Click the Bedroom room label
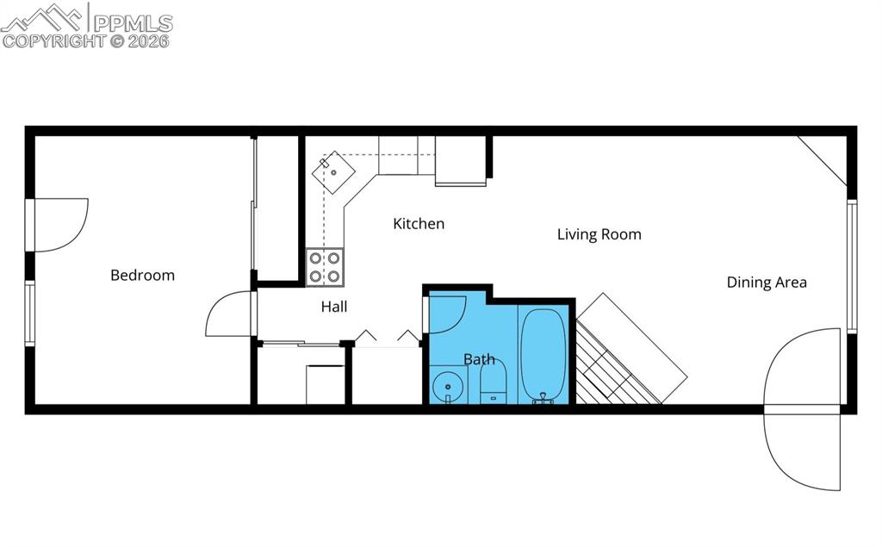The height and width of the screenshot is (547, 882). click(142, 276)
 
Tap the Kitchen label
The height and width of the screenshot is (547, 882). click(419, 224)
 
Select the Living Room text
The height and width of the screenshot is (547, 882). click(599, 234)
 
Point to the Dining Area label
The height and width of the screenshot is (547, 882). click(767, 283)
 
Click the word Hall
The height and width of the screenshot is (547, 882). click(334, 307)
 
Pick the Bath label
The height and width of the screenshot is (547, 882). click(479, 359)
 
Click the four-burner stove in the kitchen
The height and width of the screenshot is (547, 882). click(325, 267)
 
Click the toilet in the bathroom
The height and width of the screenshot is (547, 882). click(493, 382)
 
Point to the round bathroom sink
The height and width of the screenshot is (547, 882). click(448, 387)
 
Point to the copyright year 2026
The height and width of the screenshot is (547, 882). click(150, 40)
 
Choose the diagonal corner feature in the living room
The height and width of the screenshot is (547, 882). click(823, 159)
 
